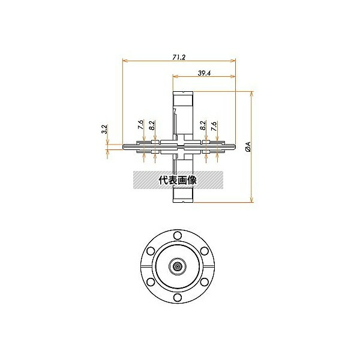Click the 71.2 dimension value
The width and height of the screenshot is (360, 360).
coord(179,57)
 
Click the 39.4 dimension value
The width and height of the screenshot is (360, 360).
coord(204,73)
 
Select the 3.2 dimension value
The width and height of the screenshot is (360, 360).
coord(104,129)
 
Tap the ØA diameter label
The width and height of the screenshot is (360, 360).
coord(248,147)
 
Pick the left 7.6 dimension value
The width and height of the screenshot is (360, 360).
coord(141,124)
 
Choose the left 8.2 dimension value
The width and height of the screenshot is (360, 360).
coord(152,125)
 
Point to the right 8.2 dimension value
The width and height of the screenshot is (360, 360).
coord(203,125)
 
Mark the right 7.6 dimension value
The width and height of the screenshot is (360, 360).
coord(214,126)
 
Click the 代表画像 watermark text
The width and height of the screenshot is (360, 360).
coord(178,180)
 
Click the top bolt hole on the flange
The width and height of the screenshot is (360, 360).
coord(178,236)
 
